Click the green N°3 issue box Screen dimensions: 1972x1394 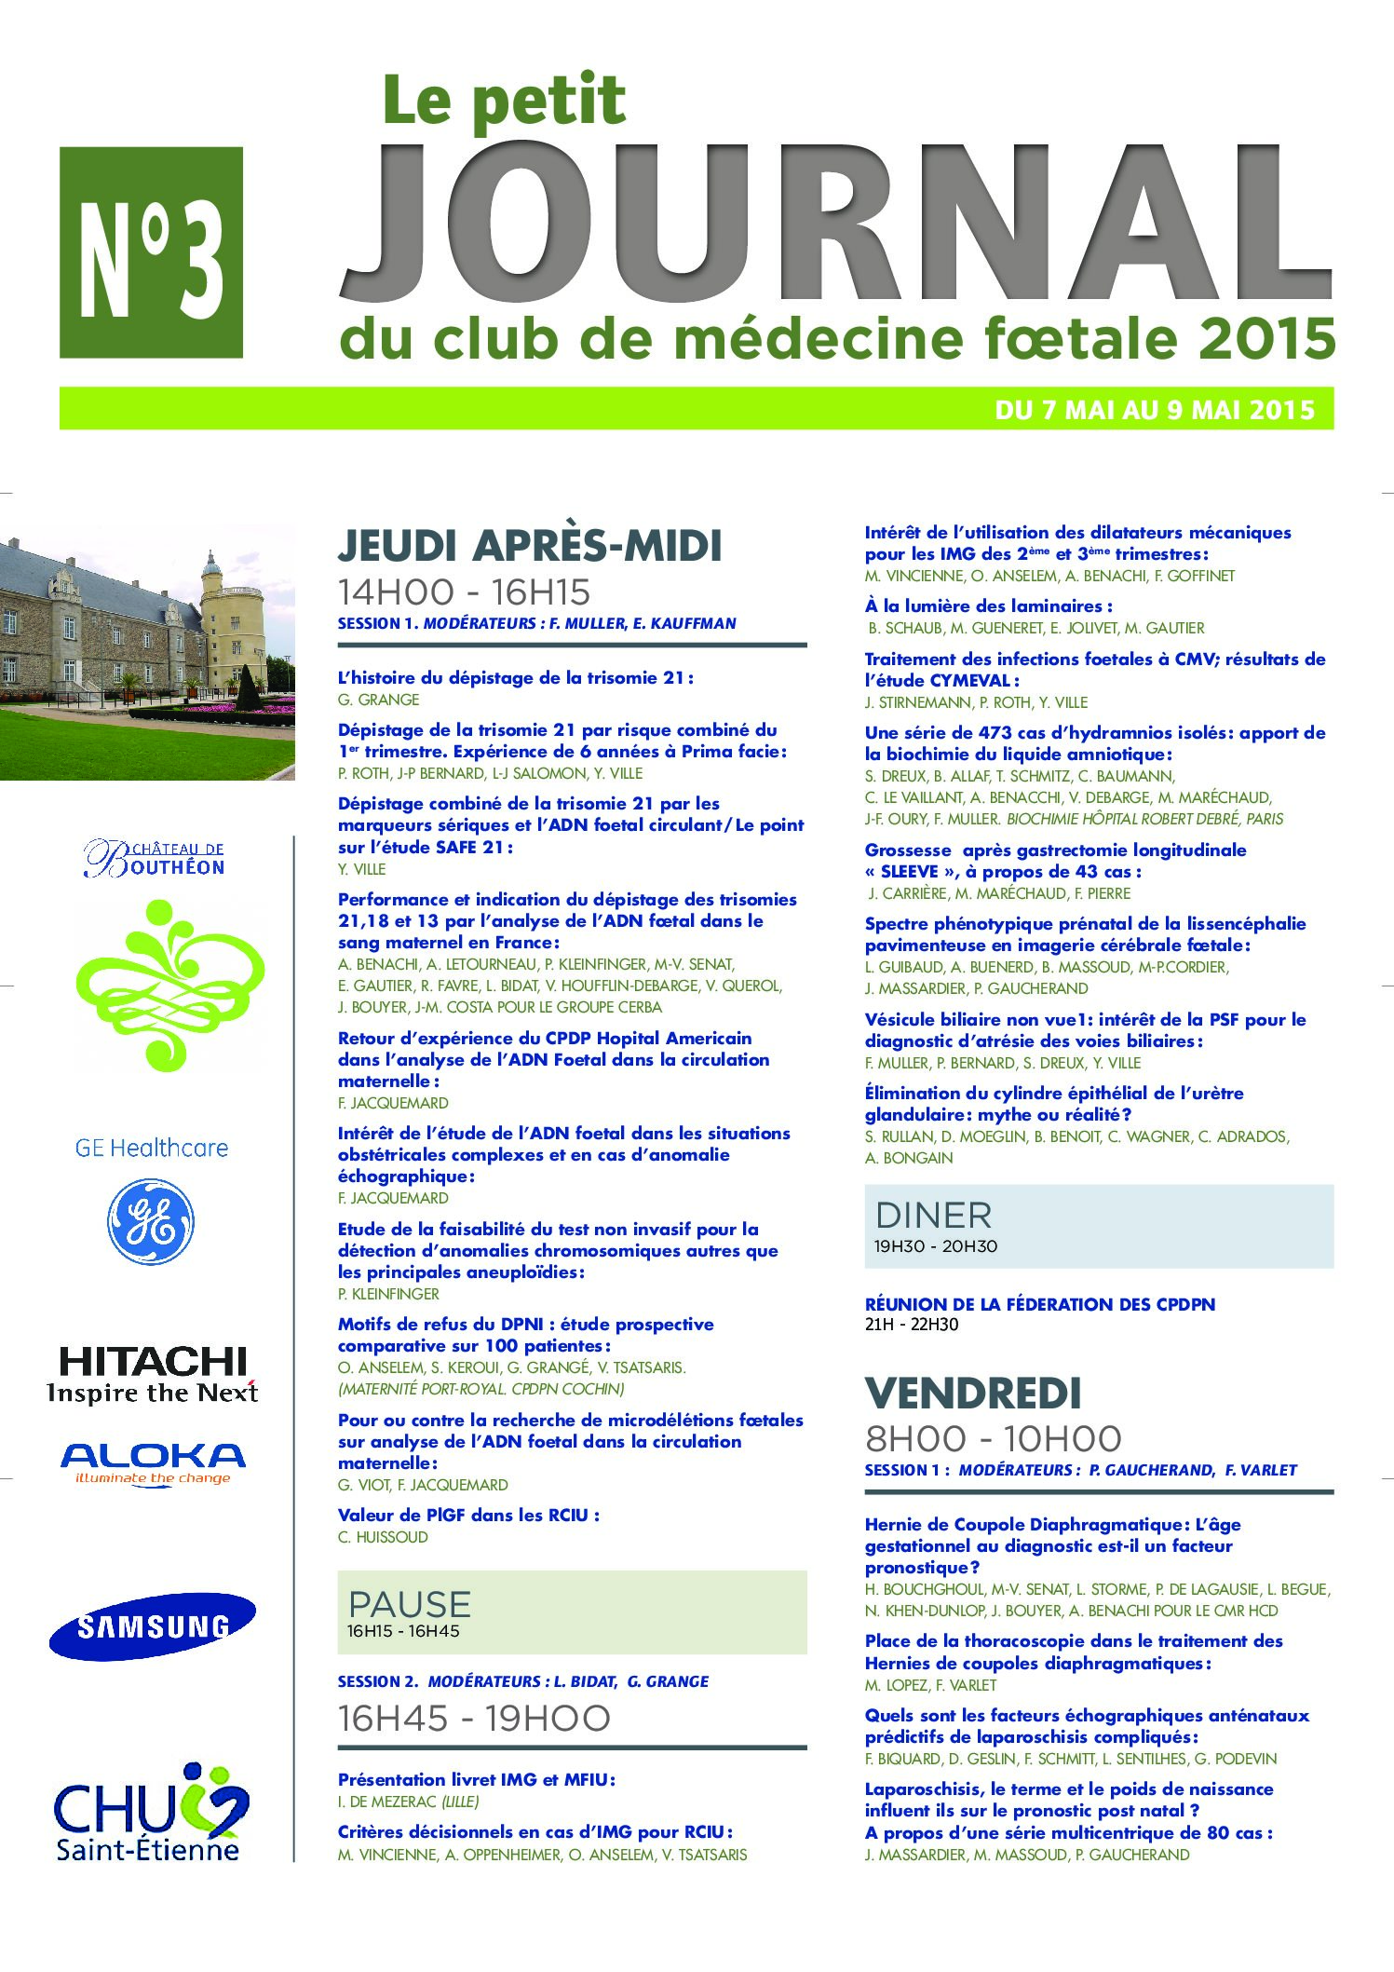click(x=151, y=252)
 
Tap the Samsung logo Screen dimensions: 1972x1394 click(x=153, y=1625)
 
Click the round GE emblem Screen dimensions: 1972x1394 click(x=151, y=1221)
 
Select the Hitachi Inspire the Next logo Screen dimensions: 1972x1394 click(x=153, y=1374)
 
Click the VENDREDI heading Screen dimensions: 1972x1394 click(x=973, y=1394)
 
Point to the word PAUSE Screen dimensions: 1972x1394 click(x=409, y=1603)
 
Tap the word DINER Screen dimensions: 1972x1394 click(x=933, y=1216)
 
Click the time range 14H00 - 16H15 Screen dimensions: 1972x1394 click(x=464, y=592)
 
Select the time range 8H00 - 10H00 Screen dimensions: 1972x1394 click(x=993, y=1439)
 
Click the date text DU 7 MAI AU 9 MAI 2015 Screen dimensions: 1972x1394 click(x=1155, y=410)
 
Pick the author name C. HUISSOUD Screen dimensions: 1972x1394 click(x=383, y=1537)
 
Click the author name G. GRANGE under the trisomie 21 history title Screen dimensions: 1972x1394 click(x=378, y=700)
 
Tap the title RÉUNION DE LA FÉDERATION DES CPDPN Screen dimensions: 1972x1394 click(x=1039, y=1304)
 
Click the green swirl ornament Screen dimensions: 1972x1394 click(x=169, y=985)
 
